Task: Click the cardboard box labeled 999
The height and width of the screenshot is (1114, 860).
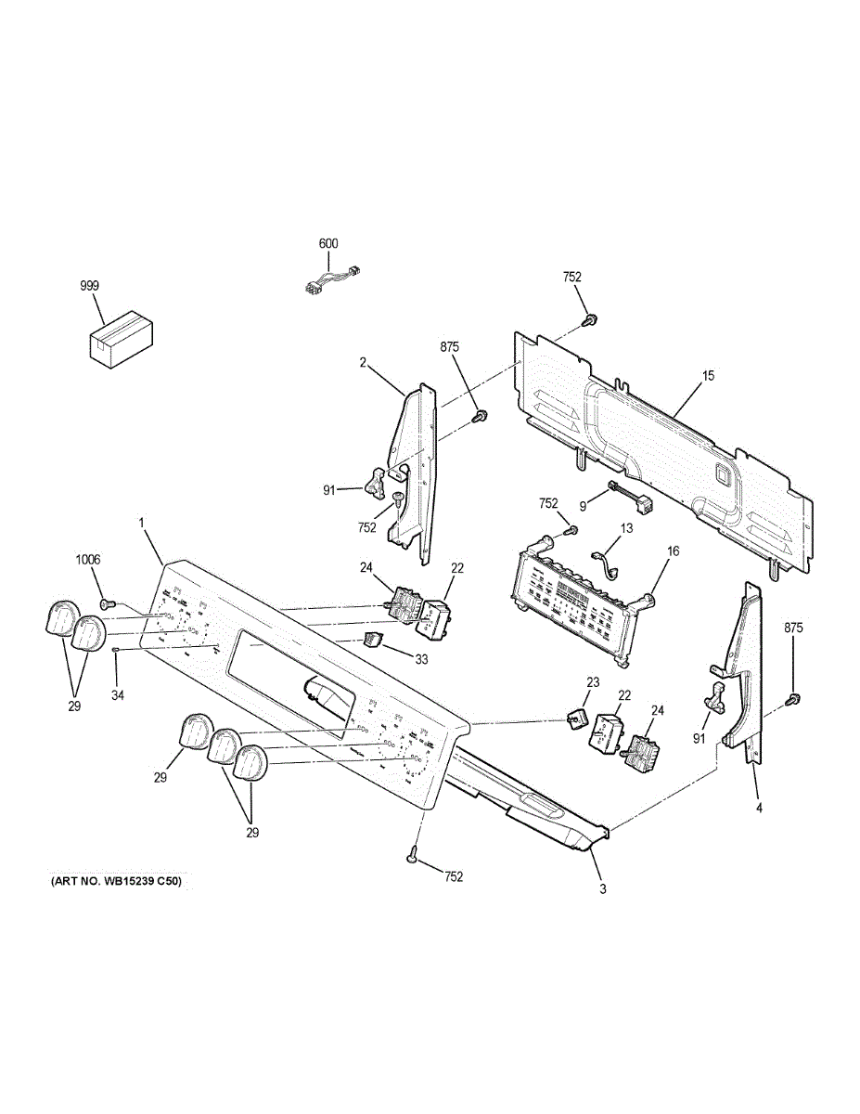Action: (122, 339)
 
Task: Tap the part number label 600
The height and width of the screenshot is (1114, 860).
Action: (328, 244)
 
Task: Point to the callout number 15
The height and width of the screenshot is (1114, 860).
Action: (708, 376)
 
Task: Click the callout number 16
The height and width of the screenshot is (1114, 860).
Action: (673, 551)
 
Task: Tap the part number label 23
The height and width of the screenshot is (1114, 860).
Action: (594, 682)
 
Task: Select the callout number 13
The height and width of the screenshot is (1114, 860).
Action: (626, 528)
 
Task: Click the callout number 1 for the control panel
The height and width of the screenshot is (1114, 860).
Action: (142, 524)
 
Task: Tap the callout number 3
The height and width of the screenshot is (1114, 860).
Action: (602, 889)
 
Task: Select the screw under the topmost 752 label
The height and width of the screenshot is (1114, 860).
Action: (588, 320)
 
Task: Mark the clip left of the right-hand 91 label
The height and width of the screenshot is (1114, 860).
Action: (715, 695)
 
